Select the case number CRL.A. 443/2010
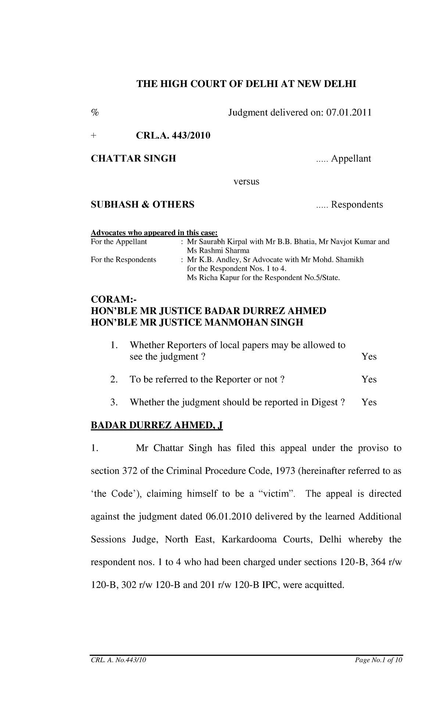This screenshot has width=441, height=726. click(x=173, y=136)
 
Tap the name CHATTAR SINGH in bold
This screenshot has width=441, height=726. click(x=133, y=159)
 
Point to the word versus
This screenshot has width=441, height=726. click(x=247, y=181)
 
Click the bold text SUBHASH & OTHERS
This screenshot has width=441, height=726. click(x=143, y=205)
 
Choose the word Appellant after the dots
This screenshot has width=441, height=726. click(x=351, y=159)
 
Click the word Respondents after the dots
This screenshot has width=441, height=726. click(x=357, y=205)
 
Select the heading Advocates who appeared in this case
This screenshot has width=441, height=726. click(x=154, y=233)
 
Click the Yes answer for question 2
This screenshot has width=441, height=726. click(x=369, y=379)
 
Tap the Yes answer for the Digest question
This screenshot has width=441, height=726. click(x=369, y=402)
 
